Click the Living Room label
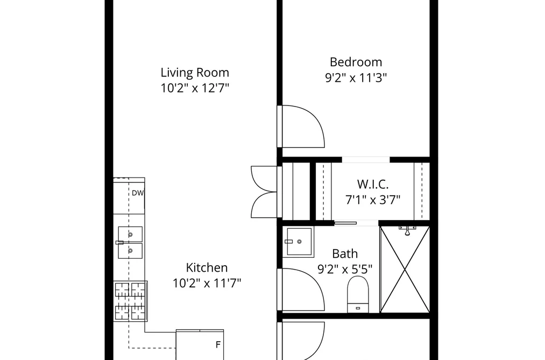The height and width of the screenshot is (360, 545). [195, 73]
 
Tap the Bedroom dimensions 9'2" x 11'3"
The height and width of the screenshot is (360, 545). [356, 78]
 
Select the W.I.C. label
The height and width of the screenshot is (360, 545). [373, 184]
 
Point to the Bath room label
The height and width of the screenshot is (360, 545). [345, 253]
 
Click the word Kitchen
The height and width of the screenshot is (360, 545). [207, 267]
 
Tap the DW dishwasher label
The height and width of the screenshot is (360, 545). [138, 193]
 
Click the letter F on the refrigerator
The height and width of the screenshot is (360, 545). [218, 345]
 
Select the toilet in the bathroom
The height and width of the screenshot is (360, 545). [358, 294]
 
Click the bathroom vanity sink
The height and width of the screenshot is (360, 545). [298, 242]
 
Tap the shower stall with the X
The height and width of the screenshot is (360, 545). [405, 270]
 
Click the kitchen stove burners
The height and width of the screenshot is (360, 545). [130, 301]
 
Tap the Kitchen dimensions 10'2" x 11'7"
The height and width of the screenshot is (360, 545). [207, 283]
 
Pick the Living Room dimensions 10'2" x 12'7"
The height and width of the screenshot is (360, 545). [195, 88]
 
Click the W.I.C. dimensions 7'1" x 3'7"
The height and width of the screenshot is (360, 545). [373, 200]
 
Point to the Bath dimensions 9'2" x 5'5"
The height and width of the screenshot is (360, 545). [345, 269]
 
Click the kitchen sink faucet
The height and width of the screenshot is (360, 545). [120, 243]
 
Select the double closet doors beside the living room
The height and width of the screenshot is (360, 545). [264, 192]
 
